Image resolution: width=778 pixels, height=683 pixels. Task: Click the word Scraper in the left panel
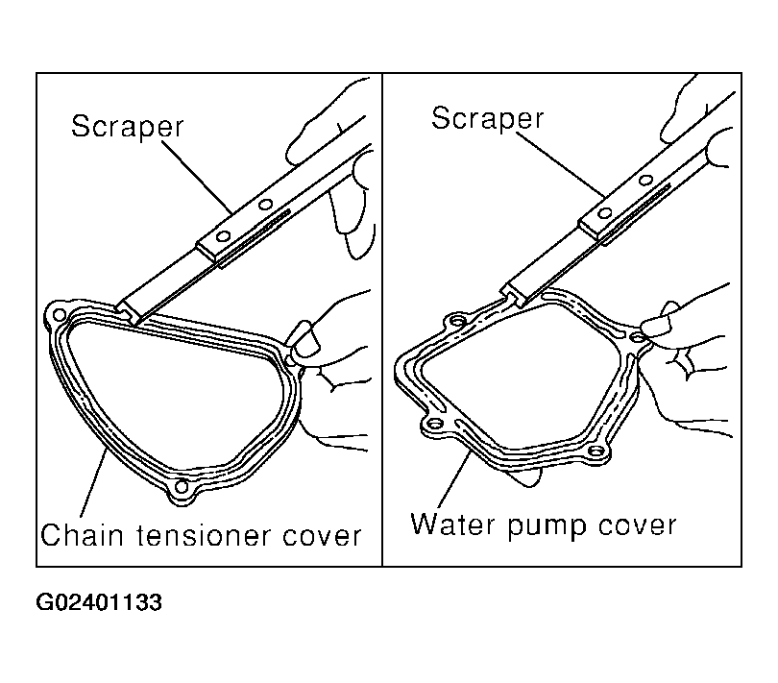[128, 127]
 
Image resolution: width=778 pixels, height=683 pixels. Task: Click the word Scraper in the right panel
[488, 119]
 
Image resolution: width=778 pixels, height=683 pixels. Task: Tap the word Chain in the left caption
[82, 535]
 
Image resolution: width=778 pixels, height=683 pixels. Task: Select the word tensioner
[203, 536]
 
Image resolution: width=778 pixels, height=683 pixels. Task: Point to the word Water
[453, 524]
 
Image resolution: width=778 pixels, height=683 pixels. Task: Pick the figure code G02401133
[99, 602]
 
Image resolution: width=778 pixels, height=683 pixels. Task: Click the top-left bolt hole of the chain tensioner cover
[59, 315]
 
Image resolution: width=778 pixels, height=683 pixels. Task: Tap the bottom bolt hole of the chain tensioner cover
[182, 486]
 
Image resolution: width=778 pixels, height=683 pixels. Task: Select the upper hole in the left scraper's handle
[266, 204]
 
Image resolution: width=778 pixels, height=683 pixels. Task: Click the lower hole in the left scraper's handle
[224, 236]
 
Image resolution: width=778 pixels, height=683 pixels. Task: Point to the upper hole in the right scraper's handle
[645, 181]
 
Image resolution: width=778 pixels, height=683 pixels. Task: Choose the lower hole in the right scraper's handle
[604, 213]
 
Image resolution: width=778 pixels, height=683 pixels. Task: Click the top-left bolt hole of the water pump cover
[457, 321]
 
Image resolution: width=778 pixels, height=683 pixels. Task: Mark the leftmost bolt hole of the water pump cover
[435, 425]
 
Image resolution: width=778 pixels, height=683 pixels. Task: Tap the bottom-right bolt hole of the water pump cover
[595, 451]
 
